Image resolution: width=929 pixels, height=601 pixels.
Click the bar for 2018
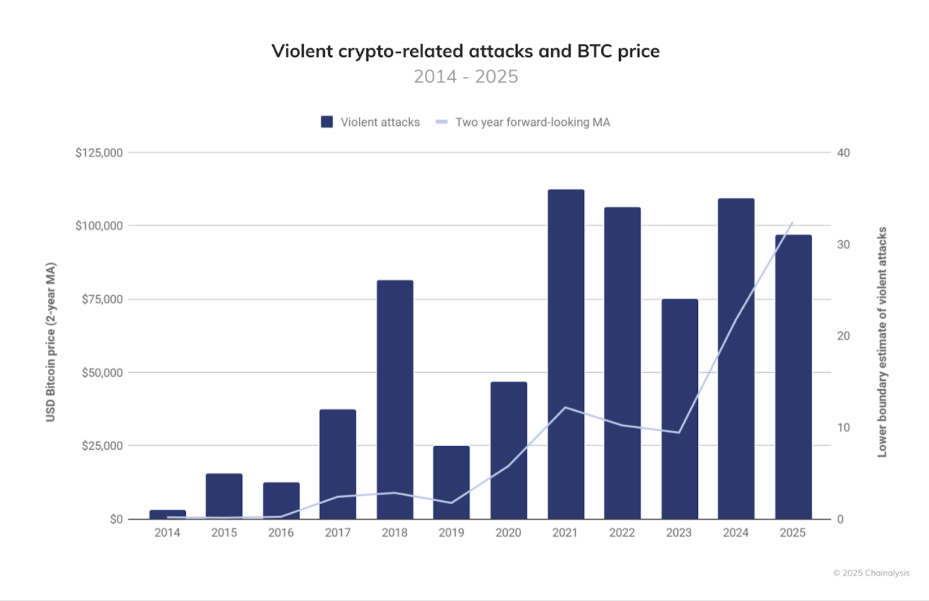pyautogui.click(x=395, y=398)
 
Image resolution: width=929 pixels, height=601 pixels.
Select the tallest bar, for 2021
pyautogui.click(x=566, y=353)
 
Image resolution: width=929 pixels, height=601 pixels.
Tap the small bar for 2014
pyautogui.click(x=167, y=514)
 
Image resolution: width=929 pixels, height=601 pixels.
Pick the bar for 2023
pyautogui.click(x=680, y=409)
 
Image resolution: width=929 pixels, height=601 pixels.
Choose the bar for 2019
pyautogui.click(x=451, y=482)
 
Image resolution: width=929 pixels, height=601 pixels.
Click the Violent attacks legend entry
pyautogui.click(x=370, y=122)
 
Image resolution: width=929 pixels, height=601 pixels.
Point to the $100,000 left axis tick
pyautogui.click(x=99, y=225)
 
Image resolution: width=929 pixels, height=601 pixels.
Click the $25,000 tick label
pyautogui.click(x=102, y=446)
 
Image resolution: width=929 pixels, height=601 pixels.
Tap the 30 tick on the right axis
pyautogui.click(x=843, y=244)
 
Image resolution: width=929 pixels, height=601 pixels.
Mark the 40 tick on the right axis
pyautogui.click(x=843, y=153)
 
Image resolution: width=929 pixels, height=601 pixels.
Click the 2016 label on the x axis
pyautogui.click(x=281, y=533)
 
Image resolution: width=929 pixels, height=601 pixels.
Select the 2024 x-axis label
pyautogui.click(x=735, y=533)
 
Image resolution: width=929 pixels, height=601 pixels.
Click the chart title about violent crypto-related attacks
pyautogui.click(x=465, y=51)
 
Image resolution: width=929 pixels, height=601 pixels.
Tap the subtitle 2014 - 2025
pyautogui.click(x=465, y=76)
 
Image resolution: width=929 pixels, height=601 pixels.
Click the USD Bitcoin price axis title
pyautogui.click(x=51, y=341)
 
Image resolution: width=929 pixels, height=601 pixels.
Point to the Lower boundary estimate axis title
pyautogui.click(x=882, y=341)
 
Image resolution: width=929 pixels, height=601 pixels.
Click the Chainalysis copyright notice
pyautogui.click(x=871, y=573)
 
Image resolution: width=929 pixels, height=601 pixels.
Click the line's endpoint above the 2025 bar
pyautogui.click(x=792, y=223)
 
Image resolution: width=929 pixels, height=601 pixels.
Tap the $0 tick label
pyautogui.click(x=116, y=519)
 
